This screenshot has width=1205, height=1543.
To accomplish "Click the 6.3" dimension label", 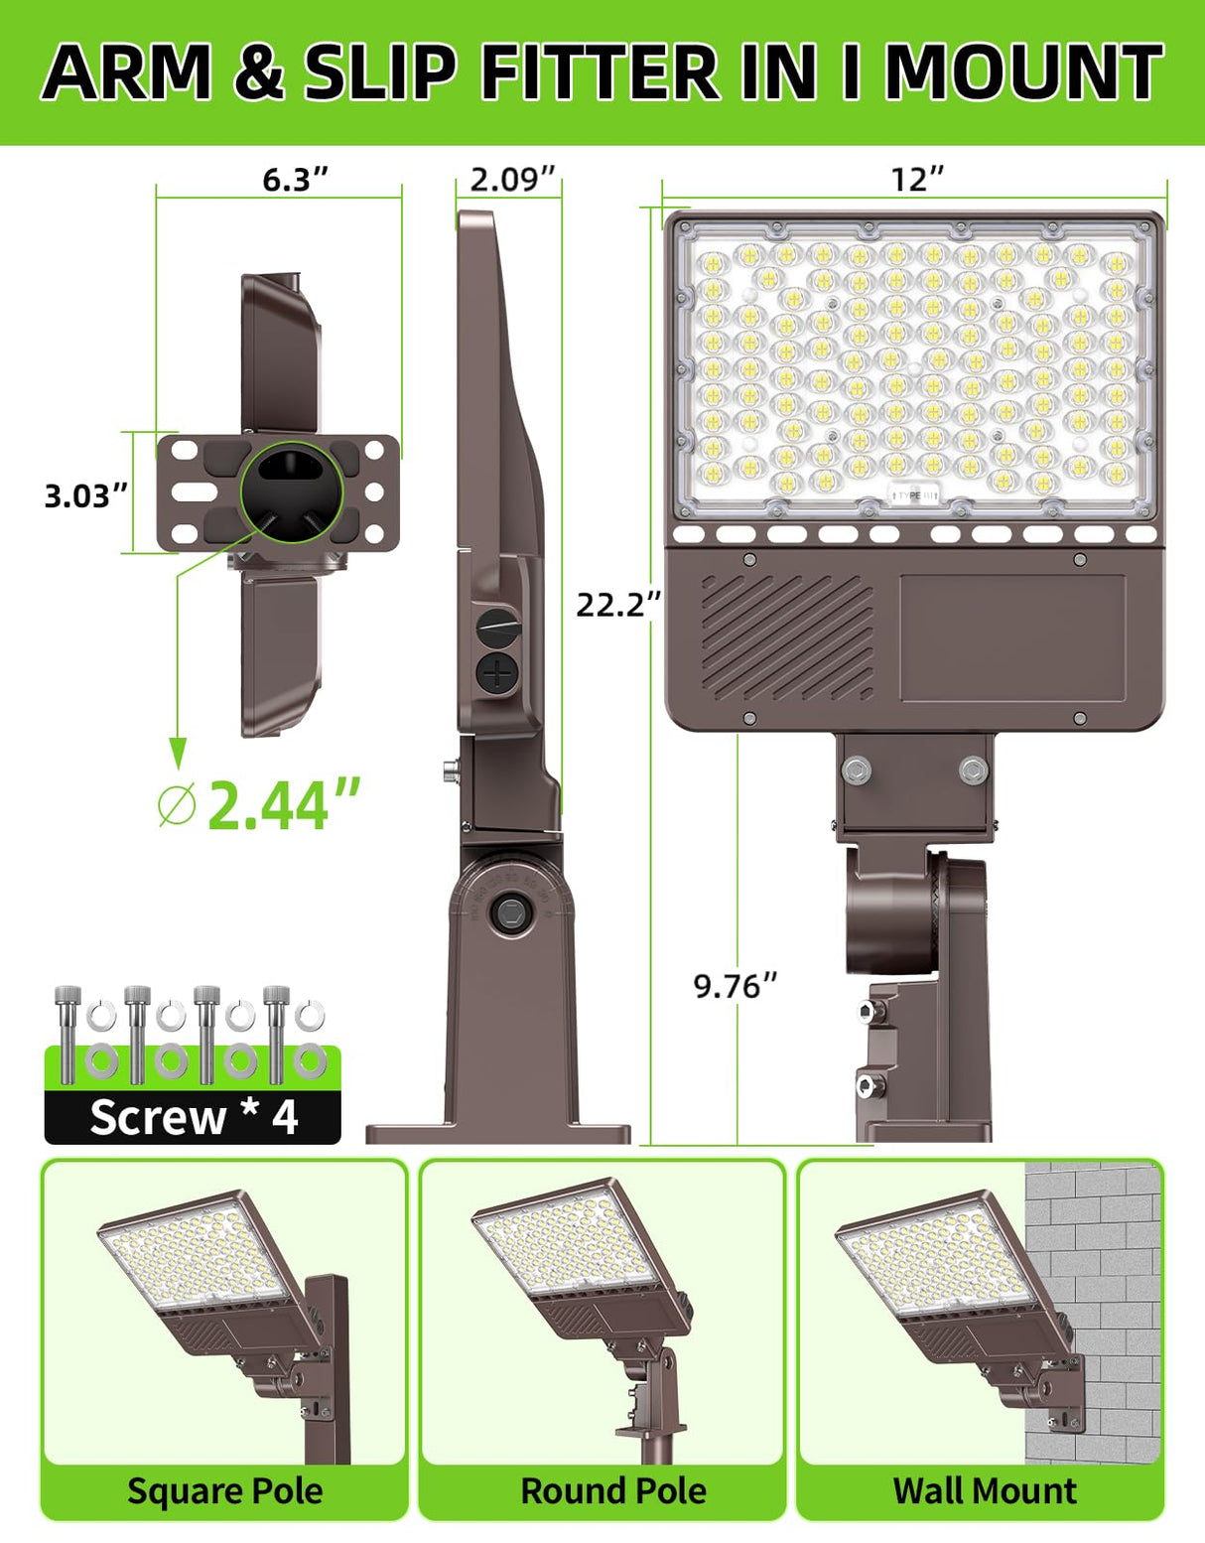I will [295, 180].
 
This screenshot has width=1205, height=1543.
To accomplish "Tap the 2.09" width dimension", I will [509, 180].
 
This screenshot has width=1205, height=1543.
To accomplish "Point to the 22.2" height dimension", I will [617, 604].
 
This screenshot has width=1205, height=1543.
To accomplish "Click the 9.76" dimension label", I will [736, 986].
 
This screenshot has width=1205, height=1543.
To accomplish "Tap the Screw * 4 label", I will [194, 1118].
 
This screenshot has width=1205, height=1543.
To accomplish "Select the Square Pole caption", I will [225, 1490].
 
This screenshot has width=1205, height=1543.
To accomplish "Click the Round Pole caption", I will [613, 1490].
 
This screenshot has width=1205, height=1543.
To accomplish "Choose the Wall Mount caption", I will [985, 1490].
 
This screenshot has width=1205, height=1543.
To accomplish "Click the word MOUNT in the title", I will [1023, 71].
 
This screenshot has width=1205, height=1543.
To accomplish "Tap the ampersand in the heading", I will [259, 73].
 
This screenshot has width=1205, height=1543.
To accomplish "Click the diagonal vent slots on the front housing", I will [788, 635].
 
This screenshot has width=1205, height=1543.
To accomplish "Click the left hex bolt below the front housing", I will [857, 769].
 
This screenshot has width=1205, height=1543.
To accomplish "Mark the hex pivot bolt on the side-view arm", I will [512, 912].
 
